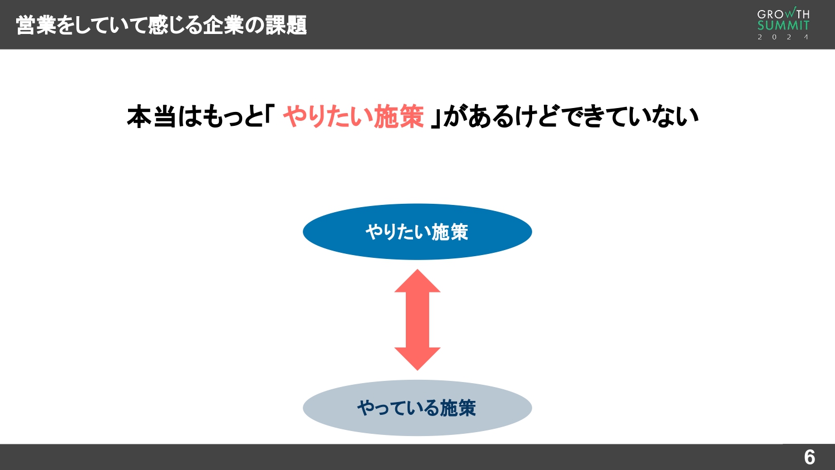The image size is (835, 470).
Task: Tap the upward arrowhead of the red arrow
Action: coord(417,282)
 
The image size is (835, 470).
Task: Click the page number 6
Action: coord(809,457)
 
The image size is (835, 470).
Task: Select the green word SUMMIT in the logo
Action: coord(783,26)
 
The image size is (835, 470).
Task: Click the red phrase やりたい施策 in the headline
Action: coord(353,117)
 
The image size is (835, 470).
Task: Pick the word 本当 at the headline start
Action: coord(151,117)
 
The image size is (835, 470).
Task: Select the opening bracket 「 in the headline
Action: coord(270,116)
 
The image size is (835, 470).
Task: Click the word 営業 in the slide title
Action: coord(36,25)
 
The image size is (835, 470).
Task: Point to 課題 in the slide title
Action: coord(286,25)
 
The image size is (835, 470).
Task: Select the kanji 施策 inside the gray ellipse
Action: coord(458,408)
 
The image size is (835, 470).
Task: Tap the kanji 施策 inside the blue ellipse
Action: coord(450,232)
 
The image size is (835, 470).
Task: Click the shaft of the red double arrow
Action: coord(417,320)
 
